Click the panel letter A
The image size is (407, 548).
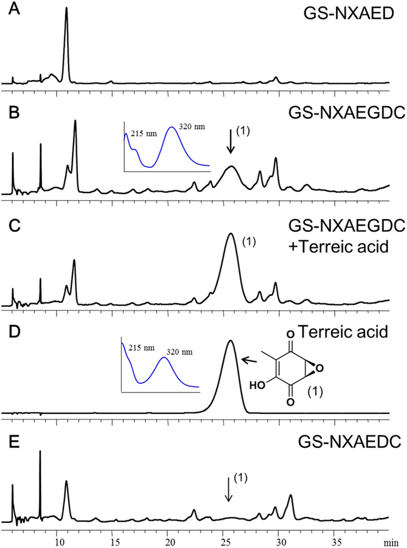coord(14,9)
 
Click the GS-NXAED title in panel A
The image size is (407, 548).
coord(348,14)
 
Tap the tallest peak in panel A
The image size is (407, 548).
coord(66,9)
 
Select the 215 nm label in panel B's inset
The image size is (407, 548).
coord(143,133)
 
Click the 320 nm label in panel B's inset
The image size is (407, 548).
coord(192,127)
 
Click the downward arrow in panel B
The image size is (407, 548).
coord(231,141)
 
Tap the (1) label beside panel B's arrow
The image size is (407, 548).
coord(243,132)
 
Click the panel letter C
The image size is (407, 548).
coord(14,226)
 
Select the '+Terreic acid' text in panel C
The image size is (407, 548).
coord(339,247)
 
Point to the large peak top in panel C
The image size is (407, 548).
coord(231,234)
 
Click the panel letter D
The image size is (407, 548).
coord(14,331)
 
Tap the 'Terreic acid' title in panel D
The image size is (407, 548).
coord(343,332)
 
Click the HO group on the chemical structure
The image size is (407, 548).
coord(257,385)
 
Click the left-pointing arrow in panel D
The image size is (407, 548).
coord(249,360)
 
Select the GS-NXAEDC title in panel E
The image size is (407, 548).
coord(349,443)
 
